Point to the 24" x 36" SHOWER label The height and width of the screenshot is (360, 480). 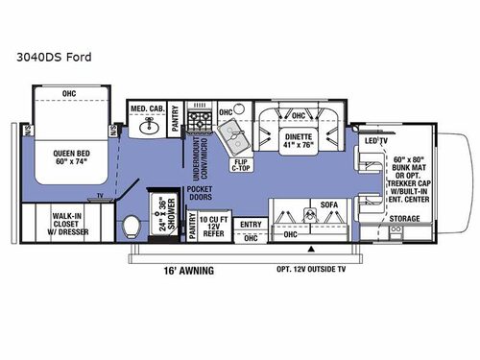162,215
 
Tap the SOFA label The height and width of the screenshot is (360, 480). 325,204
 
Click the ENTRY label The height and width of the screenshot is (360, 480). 251,224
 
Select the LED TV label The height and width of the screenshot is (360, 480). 376,140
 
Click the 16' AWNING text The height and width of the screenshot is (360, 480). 187,271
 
